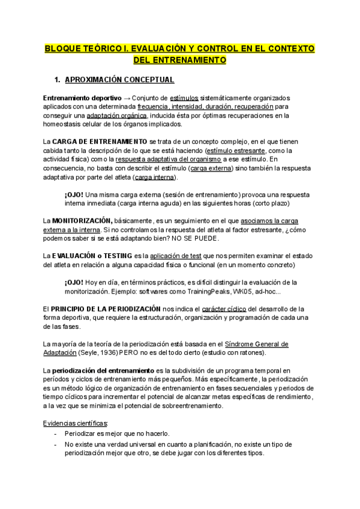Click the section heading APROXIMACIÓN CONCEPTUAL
coord(122,79)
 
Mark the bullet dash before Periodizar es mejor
coord(56,433)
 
